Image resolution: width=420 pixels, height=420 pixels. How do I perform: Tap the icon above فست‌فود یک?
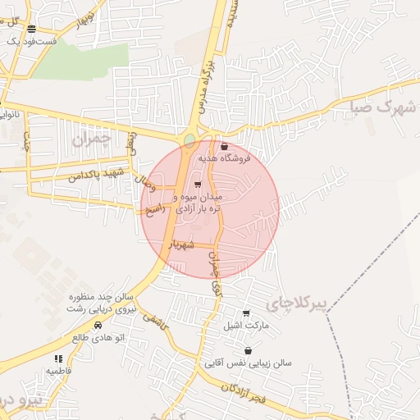pyautogui.click(x=31, y=29)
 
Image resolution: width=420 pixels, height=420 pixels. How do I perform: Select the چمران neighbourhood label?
pyautogui.click(x=89, y=139)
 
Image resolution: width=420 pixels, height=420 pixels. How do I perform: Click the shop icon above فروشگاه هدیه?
pyautogui.click(x=225, y=146)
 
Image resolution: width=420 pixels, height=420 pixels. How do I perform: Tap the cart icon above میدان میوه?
pyautogui.click(x=198, y=185)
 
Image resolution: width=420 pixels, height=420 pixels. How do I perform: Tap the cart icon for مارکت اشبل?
pyautogui.click(x=246, y=313)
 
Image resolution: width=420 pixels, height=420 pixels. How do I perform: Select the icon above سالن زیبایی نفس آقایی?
pyautogui.click(x=248, y=350)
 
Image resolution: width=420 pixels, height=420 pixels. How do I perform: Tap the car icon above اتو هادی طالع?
pyautogui.click(x=98, y=325)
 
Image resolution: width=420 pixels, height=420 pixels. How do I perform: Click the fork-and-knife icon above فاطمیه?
pyautogui.click(x=58, y=358)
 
